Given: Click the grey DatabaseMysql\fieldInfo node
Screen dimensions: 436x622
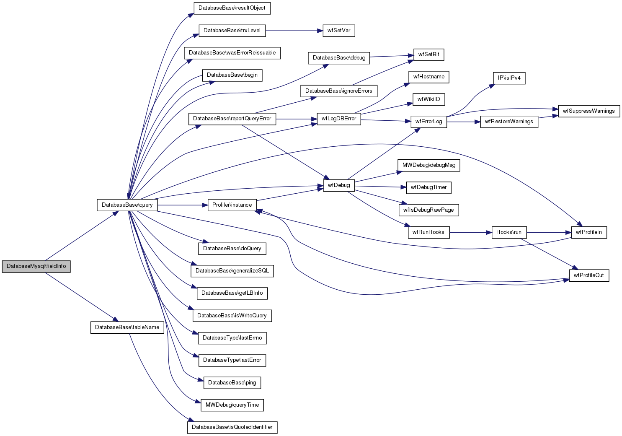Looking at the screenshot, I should pyautogui.click(x=36, y=266).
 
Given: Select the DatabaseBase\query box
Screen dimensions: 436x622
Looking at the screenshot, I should pyautogui.click(x=127, y=205).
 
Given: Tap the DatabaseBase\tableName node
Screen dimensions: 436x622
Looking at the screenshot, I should pyautogui.click(x=127, y=327).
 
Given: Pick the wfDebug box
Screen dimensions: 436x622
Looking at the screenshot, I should pyautogui.click(x=339, y=185).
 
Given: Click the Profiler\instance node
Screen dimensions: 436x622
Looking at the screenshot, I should pyautogui.click(x=232, y=205).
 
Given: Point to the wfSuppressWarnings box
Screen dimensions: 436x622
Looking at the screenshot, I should pyautogui.click(x=588, y=111).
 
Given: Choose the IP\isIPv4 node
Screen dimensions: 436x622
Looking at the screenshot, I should pyautogui.click(x=509, y=78).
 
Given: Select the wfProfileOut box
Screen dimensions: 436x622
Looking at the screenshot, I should pyautogui.click(x=588, y=275).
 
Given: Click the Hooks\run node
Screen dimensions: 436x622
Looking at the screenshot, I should pyautogui.click(x=509, y=232).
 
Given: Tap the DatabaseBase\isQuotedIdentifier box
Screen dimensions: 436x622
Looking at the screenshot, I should pyautogui.click(x=232, y=427).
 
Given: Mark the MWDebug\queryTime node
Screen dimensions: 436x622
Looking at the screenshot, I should pyautogui.click(x=232, y=405).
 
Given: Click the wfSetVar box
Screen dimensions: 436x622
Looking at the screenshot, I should pyautogui.click(x=339, y=31).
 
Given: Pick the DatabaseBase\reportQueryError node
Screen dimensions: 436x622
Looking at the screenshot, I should pyautogui.click(x=232, y=119).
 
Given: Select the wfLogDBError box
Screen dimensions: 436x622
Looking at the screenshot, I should pyautogui.click(x=339, y=119).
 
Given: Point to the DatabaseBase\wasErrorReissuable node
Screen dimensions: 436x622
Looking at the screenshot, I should pyautogui.click(x=232, y=53).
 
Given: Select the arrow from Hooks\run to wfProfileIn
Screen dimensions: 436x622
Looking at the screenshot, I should pyautogui.click(x=549, y=232).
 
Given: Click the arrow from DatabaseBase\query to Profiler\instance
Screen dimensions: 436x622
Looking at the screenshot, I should pyautogui.click(x=183, y=205).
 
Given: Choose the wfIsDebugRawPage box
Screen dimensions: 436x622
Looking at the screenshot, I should pyautogui.click(x=428, y=210).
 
